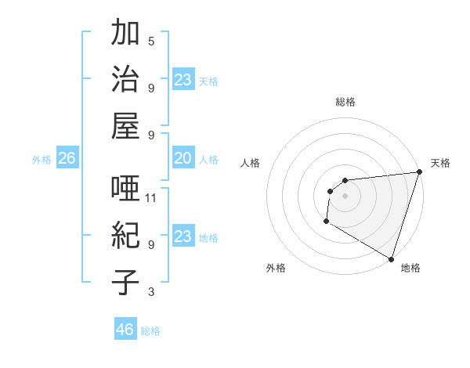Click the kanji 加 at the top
pos(126,34)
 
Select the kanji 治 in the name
pos(126,80)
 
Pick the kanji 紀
pos(126,236)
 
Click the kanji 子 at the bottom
pos(126,282)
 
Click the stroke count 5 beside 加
pos(151,41)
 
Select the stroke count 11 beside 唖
pos(151,197)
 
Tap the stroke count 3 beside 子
pos(151,292)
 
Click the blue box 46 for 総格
pos(125,330)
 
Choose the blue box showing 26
pos(67,159)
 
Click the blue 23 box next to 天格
pos(183,79)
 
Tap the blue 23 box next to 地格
pos(183,236)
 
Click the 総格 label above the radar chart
pos(345,102)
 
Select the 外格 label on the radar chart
pos(276,268)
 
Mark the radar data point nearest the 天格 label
pos(419,172)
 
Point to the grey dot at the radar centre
pos(345,196)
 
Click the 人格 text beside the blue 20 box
pos(208,160)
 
